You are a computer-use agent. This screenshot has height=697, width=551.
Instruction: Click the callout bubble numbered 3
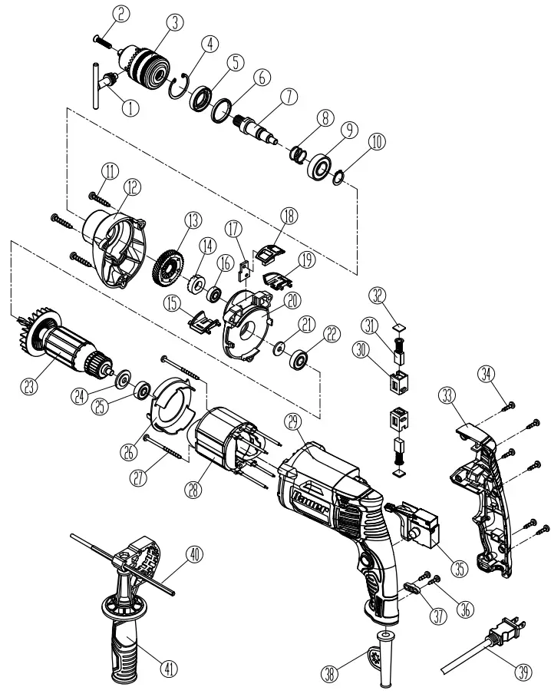click(175, 22)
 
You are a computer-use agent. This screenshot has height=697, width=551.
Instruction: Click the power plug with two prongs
click(507, 629)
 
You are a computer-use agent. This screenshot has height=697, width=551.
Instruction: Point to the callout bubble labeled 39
click(524, 672)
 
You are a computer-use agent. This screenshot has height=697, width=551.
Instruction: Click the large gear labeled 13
click(168, 269)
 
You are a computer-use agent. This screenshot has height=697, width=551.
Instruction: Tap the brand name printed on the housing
click(311, 504)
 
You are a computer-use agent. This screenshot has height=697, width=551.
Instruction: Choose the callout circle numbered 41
click(169, 669)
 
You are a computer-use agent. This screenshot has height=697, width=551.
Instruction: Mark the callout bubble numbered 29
click(293, 422)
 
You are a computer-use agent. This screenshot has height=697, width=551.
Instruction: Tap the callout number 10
click(376, 142)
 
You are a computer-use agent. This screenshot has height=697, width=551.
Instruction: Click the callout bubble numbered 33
click(447, 395)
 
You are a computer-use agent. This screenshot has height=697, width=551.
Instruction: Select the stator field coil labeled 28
click(226, 450)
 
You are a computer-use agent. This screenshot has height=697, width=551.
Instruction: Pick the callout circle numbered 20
click(292, 301)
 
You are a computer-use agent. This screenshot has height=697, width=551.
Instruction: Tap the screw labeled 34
click(510, 405)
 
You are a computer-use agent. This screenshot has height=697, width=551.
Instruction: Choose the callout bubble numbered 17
click(233, 230)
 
